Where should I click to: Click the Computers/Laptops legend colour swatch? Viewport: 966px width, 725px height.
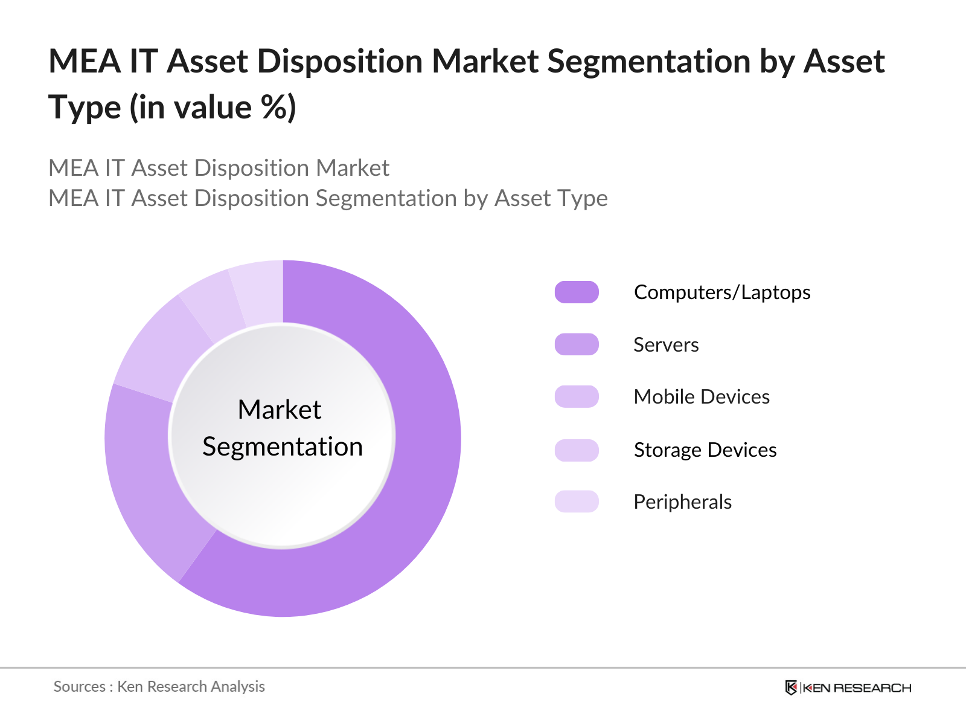tap(577, 292)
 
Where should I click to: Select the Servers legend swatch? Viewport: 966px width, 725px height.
tap(577, 344)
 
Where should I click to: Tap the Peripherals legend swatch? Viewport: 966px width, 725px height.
tap(577, 501)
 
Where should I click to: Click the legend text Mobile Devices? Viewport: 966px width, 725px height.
tap(702, 397)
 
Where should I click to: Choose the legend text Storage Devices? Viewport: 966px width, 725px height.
tap(705, 450)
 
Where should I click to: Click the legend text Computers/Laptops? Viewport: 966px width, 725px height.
tap(722, 292)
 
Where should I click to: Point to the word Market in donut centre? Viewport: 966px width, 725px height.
tap(280, 410)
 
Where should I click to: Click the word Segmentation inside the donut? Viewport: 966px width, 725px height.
tap(283, 447)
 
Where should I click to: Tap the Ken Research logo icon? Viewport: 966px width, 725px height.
tap(791, 688)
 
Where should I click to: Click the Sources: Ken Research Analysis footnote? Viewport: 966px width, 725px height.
tap(159, 687)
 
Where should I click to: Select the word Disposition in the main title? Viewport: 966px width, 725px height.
tap(340, 62)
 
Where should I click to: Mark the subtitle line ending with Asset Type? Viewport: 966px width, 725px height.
tap(328, 198)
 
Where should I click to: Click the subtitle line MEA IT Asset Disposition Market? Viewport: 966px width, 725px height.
tap(219, 168)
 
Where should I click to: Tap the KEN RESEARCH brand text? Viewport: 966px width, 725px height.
tap(857, 688)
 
